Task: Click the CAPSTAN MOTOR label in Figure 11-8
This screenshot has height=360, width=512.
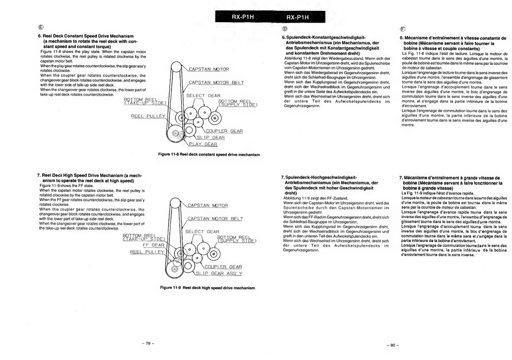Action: pyautogui.click(x=209, y=69)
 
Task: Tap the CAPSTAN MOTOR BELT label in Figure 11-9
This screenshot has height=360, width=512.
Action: pyautogui.click(x=215, y=219)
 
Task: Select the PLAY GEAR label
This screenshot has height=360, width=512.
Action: pyautogui.click(x=203, y=144)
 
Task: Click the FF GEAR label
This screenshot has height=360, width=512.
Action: pyautogui.click(x=154, y=245)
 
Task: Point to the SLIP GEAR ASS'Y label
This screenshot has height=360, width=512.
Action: pyautogui.click(x=219, y=273)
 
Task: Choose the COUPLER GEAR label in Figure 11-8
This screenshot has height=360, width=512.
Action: pyautogui.click(x=224, y=131)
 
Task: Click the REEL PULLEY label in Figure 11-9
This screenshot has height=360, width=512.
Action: pyautogui.click(x=147, y=252)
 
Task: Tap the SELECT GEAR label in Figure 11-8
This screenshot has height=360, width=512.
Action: pyautogui.click(x=203, y=95)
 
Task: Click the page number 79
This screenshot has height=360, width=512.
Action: pyautogui.click(x=148, y=343)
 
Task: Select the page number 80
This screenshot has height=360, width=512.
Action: pyautogui.click(x=393, y=345)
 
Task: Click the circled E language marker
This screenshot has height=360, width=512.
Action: pyautogui.click(x=40, y=27)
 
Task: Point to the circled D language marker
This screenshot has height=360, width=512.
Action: pyautogui.click(x=285, y=29)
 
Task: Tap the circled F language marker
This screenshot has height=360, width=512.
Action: pyautogui.click(x=402, y=29)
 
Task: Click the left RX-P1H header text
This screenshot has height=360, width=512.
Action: pyautogui.click(x=243, y=17)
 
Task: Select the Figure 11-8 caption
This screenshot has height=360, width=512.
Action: pyautogui.click(x=209, y=154)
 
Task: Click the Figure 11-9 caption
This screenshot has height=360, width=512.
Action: pyautogui.click(x=207, y=288)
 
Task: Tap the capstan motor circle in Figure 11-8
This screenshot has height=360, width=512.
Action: pyautogui.click(x=176, y=67)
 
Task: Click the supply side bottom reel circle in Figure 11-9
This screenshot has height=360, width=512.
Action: pyautogui.click(x=213, y=254)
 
